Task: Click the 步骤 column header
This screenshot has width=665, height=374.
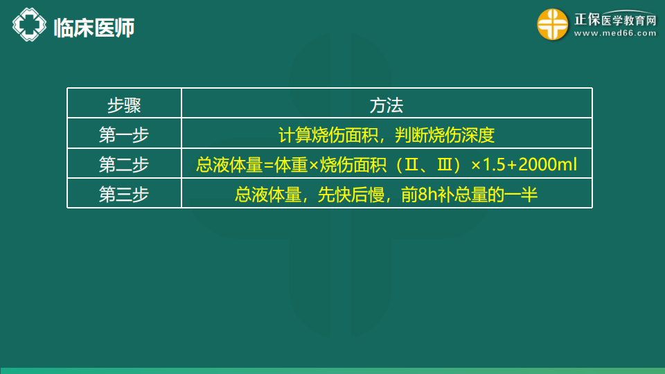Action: (x=124, y=105)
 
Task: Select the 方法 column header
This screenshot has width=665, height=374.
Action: (x=387, y=105)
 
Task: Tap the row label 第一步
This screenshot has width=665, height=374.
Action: (x=124, y=135)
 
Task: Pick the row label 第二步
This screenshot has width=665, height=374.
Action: (x=124, y=165)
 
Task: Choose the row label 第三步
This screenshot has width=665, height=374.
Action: (x=124, y=195)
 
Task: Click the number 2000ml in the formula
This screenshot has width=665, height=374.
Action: (x=547, y=165)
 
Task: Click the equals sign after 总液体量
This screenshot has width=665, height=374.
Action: (x=269, y=166)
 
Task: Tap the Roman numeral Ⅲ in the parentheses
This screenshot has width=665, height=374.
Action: (x=445, y=165)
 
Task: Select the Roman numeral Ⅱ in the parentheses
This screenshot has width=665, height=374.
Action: (x=411, y=165)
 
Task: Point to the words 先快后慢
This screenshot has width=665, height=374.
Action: (x=351, y=195)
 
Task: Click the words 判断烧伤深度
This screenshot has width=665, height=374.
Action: (x=445, y=135)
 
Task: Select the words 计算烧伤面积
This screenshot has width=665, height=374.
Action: (x=328, y=135)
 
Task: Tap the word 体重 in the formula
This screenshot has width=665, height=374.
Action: (x=291, y=165)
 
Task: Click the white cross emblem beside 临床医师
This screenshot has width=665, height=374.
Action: (x=29, y=25)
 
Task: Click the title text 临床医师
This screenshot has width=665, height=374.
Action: (x=94, y=28)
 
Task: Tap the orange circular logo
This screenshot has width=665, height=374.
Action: (x=553, y=25)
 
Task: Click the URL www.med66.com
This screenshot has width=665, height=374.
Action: (x=615, y=33)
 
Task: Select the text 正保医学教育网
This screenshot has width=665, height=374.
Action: (x=615, y=19)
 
